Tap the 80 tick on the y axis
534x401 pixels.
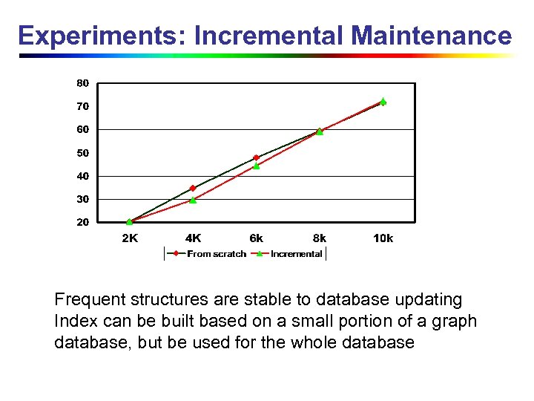pyautogui.click(x=82, y=83)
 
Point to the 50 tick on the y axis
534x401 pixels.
pyautogui.click(x=82, y=153)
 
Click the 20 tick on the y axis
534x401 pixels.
pyautogui.click(x=82, y=222)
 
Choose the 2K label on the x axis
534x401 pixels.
pyautogui.click(x=129, y=238)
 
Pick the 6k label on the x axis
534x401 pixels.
pyautogui.click(x=256, y=238)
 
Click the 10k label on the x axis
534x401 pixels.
pyautogui.click(x=383, y=238)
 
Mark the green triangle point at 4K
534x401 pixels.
pyautogui.click(x=193, y=200)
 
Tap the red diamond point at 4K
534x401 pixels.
pyautogui.click(x=193, y=188)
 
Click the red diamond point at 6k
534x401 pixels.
pyautogui.click(x=257, y=157)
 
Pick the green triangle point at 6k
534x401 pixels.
pyautogui.click(x=257, y=166)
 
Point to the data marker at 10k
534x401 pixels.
pyautogui.click(x=383, y=102)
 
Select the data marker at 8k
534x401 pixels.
pyautogui.click(x=320, y=131)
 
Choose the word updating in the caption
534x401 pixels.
pyautogui.click(x=429, y=300)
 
